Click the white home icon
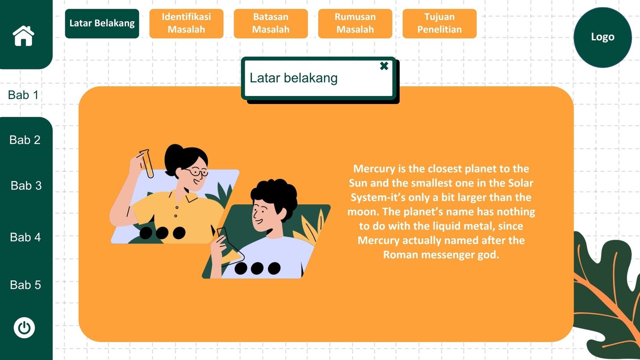(x=24, y=36)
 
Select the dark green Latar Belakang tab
(x=102, y=24)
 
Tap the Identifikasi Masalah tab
(x=186, y=24)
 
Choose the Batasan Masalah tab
(x=270, y=24)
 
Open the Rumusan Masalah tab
(x=355, y=24)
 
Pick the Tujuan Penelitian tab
(x=440, y=24)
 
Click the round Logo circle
(x=602, y=38)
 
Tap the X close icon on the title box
(x=384, y=66)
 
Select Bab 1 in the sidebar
(x=23, y=95)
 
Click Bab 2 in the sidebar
(x=25, y=140)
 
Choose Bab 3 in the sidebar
(x=26, y=186)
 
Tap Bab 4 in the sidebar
(x=25, y=237)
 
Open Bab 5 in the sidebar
(x=25, y=285)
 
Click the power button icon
(x=24, y=328)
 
